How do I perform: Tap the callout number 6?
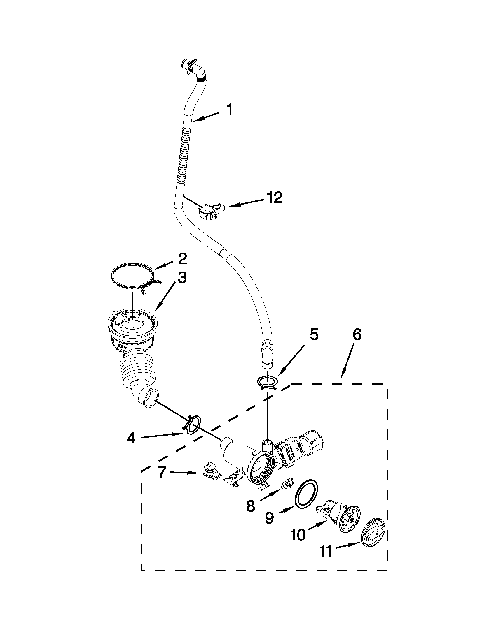(357, 334)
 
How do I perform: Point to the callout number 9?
(269, 518)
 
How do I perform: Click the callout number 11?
(326, 552)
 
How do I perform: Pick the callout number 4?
(131, 447)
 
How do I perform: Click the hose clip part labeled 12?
(211, 211)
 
